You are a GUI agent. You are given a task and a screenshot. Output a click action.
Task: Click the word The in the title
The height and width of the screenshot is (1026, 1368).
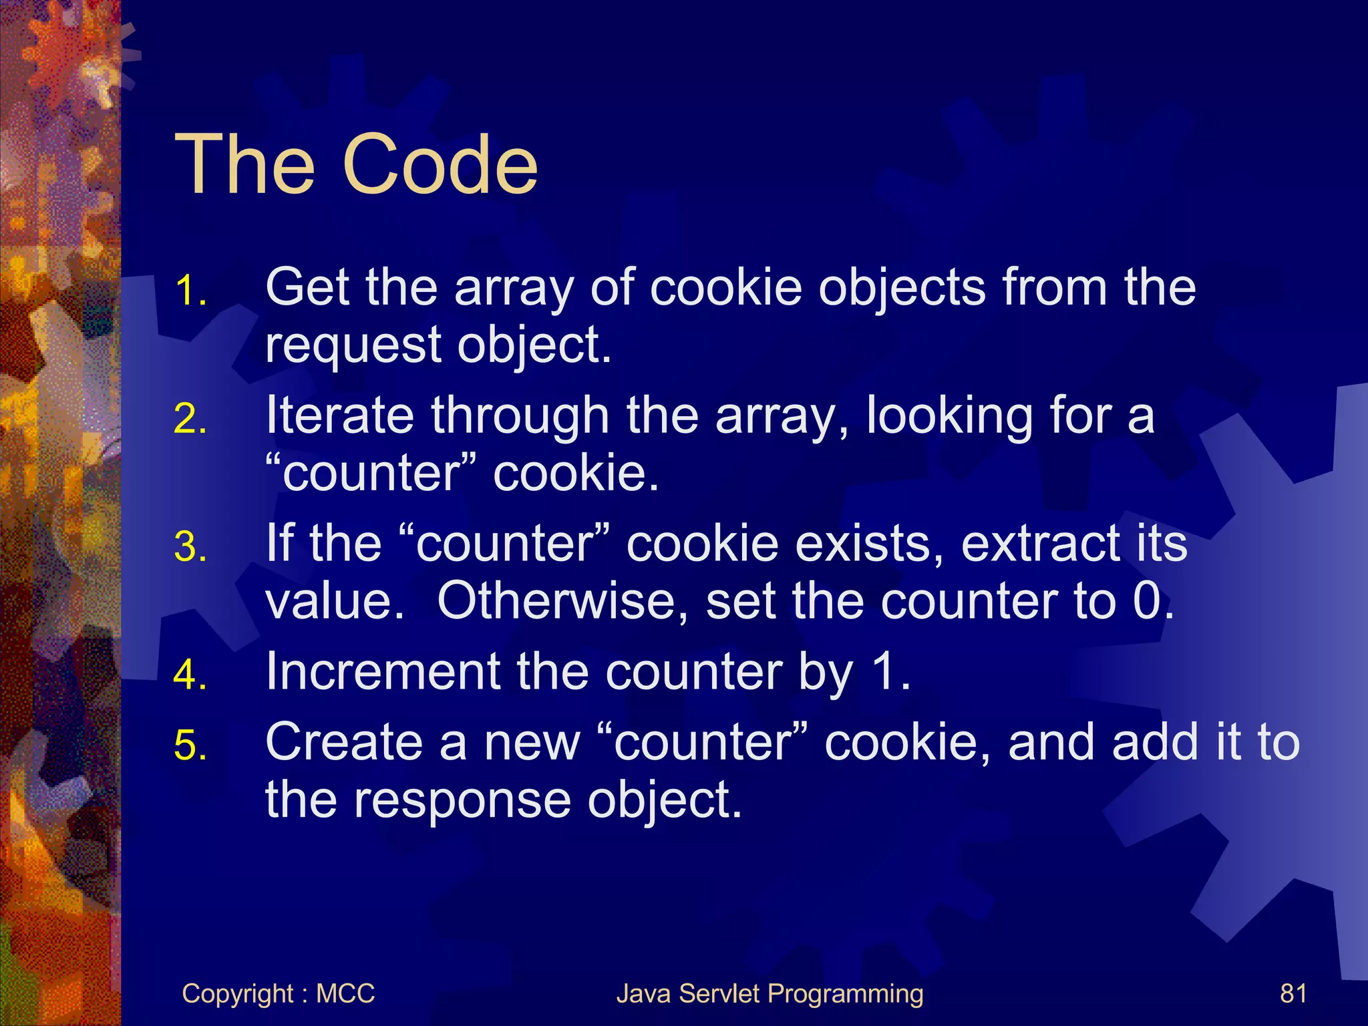tap(244, 164)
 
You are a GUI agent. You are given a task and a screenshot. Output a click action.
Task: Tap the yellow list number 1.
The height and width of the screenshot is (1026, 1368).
tap(190, 292)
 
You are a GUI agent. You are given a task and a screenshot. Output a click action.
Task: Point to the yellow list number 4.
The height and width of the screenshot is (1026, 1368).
tap(190, 675)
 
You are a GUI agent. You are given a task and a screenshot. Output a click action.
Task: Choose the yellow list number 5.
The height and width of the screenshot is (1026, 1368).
tap(190, 745)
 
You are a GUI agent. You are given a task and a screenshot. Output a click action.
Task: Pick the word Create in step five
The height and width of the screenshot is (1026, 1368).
tap(344, 742)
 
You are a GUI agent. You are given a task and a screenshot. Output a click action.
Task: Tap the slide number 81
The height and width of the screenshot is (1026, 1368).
tap(1293, 994)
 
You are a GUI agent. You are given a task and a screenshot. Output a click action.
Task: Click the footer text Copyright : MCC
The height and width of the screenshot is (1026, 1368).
tap(278, 994)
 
